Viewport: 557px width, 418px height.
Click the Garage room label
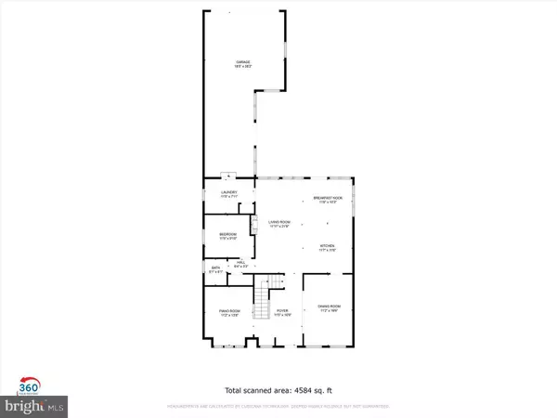(243, 64)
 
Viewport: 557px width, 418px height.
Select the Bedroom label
(228, 235)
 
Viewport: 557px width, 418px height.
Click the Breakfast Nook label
(329, 200)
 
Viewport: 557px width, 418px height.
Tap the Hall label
(240, 265)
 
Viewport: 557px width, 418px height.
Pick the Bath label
(216, 269)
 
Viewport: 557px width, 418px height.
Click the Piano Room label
(229, 314)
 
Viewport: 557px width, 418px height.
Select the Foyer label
(282, 313)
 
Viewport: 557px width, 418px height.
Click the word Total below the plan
(238, 390)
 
